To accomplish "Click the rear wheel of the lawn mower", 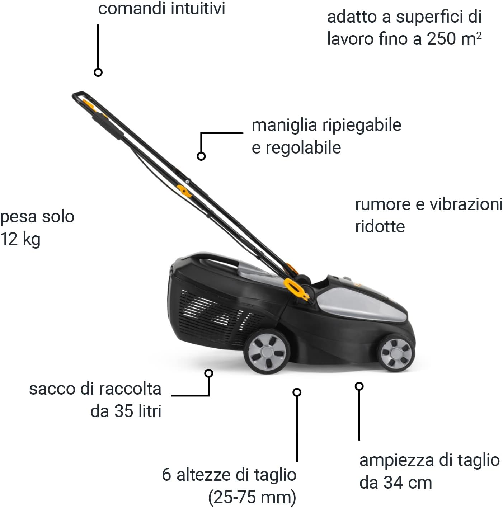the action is (267, 352).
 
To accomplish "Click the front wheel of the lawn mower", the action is (396, 353).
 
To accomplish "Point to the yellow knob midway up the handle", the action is (184, 190).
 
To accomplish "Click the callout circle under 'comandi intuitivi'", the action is (98, 72).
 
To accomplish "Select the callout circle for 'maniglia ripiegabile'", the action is (201, 156).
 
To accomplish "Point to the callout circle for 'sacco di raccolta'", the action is (209, 373).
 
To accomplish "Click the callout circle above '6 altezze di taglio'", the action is (297, 392).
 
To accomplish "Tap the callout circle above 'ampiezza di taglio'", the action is (359, 386).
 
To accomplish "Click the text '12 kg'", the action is (20, 239).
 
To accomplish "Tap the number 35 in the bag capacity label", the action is (123, 411).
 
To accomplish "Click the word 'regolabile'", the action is (303, 148).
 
